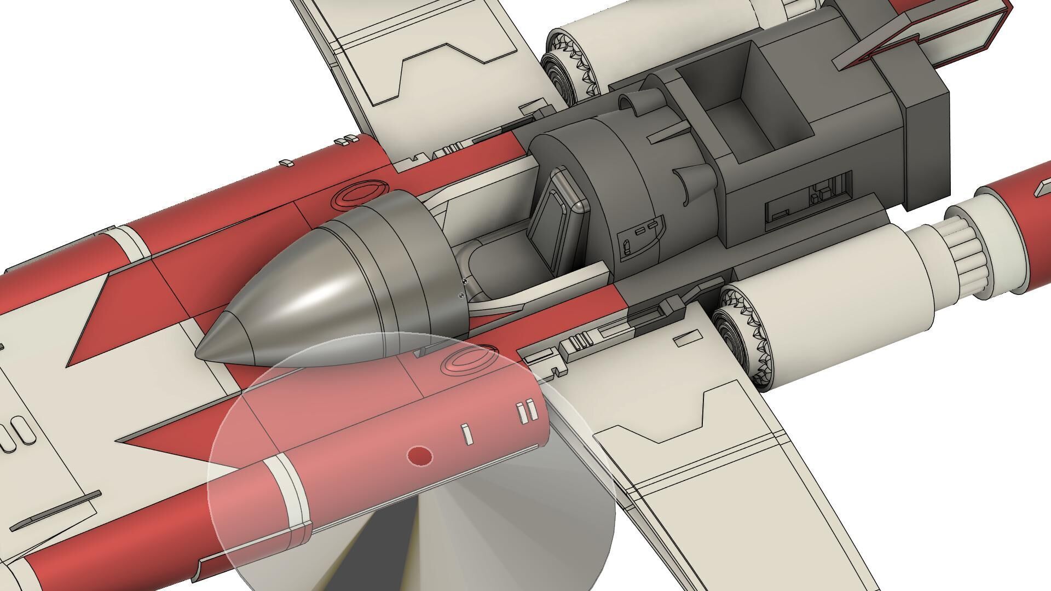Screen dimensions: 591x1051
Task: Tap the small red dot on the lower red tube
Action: (420, 456)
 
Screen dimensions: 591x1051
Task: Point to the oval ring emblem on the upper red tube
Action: (359, 194)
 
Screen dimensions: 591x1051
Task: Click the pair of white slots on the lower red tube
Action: (526, 412)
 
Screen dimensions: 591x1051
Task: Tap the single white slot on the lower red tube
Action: (466, 434)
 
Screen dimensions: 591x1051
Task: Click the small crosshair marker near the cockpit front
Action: (465, 281)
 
